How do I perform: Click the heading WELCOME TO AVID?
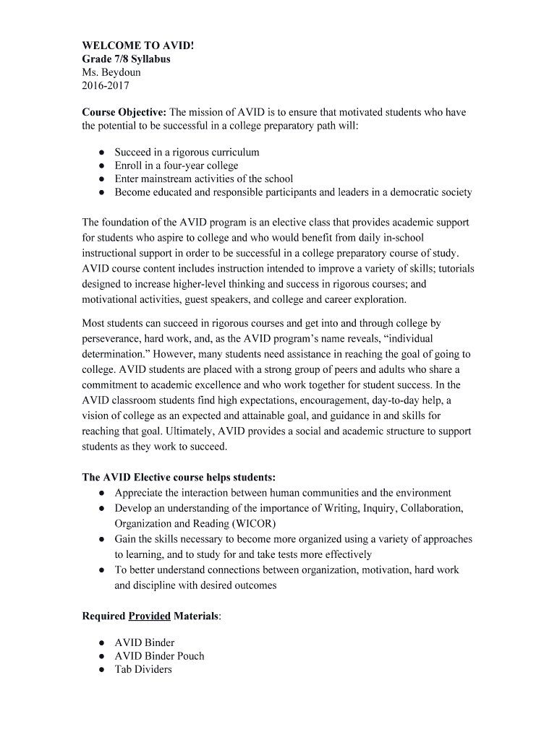click(x=138, y=46)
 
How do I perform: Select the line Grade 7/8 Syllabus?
click(x=127, y=59)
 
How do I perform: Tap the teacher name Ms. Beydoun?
click(x=111, y=72)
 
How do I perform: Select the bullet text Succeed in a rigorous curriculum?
click(x=187, y=152)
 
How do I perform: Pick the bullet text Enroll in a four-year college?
click(x=176, y=165)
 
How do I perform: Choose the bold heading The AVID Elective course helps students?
click(x=179, y=478)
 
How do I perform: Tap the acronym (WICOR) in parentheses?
click(x=253, y=523)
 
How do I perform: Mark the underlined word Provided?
click(x=149, y=616)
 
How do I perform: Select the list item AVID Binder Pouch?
click(x=159, y=656)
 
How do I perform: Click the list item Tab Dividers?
click(x=143, y=669)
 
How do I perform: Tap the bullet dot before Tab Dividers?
click(x=102, y=670)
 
